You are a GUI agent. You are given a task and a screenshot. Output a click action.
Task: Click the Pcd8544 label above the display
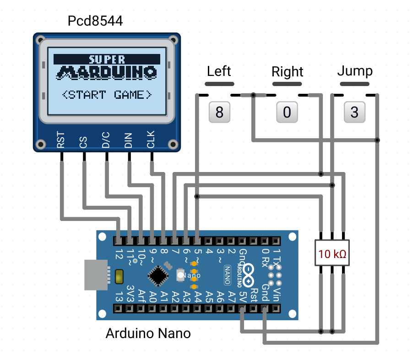coord(95,21)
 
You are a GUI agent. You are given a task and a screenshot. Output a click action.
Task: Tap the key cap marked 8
coord(219,112)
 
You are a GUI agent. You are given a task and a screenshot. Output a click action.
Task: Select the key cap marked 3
coord(354,112)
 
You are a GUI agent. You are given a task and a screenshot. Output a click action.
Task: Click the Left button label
coord(219,71)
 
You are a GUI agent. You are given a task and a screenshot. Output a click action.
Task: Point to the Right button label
coord(288,72)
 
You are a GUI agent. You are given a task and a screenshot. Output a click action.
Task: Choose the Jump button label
coord(355,71)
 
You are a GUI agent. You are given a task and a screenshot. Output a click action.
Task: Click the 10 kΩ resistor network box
coord(332,253)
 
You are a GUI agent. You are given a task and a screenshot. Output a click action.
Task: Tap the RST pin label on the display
coord(61,140)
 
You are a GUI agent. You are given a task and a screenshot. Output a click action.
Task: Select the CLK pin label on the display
coord(151,139)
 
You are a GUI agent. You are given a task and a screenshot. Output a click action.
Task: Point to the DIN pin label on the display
coord(128,140)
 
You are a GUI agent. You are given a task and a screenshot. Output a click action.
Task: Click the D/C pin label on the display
coord(106,140)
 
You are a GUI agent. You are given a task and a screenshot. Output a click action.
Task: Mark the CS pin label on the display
coord(83,142)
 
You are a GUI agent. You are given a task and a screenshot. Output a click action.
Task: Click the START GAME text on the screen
coord(107,95)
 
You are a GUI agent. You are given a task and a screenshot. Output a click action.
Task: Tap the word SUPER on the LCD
coord(107,59)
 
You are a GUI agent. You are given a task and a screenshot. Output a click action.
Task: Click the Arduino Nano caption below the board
coord(148,333)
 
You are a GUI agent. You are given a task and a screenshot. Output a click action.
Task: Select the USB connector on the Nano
coord(96,275)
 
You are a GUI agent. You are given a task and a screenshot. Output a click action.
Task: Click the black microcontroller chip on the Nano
coord(158,275)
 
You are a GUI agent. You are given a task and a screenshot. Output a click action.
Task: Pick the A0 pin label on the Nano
coord(152,297)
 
